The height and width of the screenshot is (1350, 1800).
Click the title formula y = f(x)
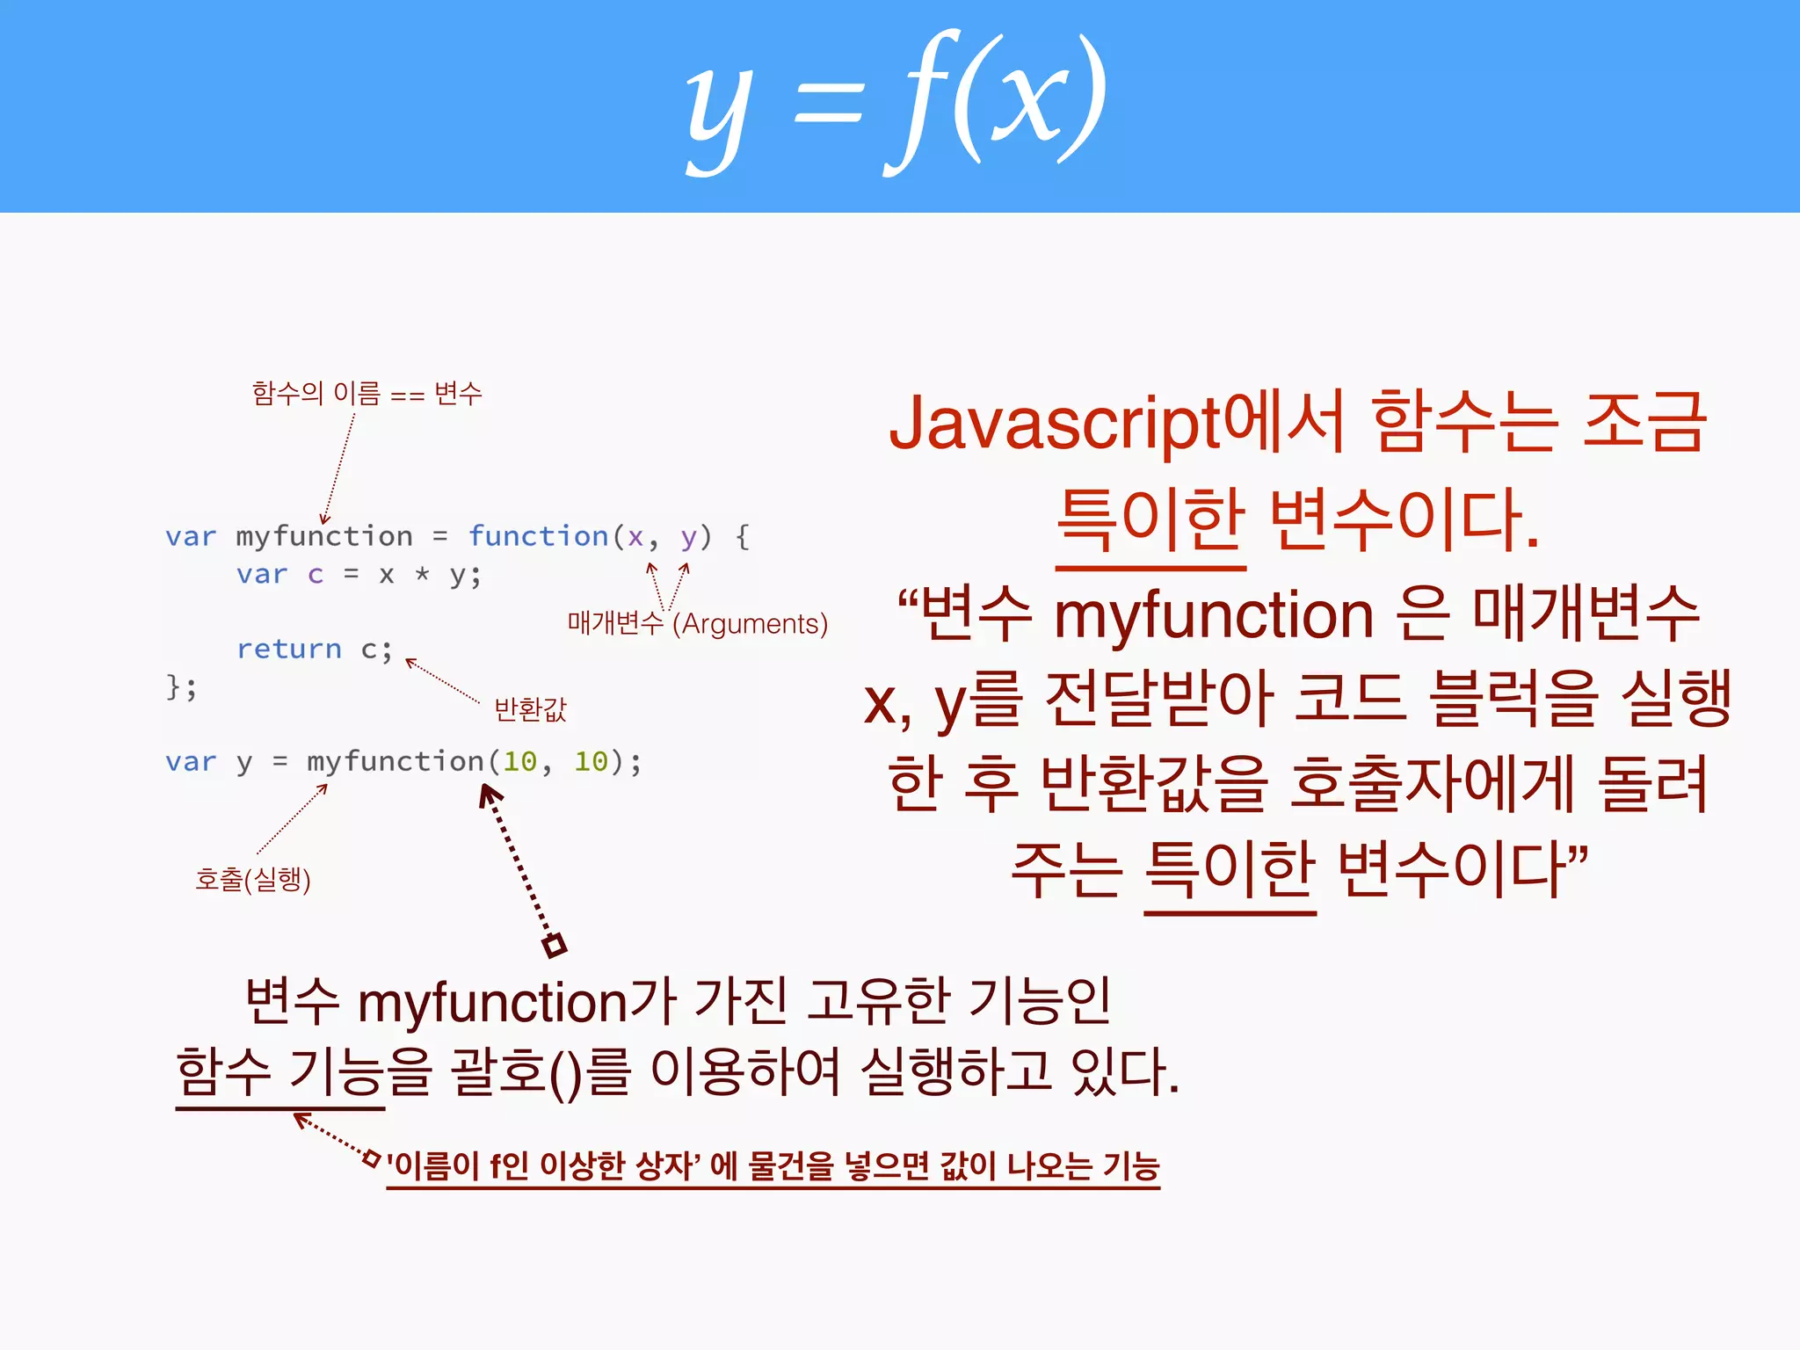(x=896, y=104)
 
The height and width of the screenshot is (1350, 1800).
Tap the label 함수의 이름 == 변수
(x=367, y=393)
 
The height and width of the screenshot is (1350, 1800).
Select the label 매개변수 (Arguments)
(x=697, y=623)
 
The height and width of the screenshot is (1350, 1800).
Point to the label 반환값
(x=530, y=708)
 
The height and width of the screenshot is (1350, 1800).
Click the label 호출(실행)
(x=253, y=878)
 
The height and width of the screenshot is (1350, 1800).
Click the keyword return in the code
(x=288, y=649)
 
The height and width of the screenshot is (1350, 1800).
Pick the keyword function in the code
(x=538, y=536)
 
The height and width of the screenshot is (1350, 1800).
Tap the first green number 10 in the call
(x=519, y=761)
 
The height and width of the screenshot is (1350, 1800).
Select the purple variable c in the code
(x=316, y=575)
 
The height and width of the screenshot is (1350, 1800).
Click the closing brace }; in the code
(x=181, y=686)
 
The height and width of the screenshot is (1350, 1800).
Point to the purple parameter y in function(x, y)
(x=688, y=536)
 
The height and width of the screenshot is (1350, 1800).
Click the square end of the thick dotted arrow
(x=555, y=946)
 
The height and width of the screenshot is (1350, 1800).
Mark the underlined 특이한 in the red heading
(x=1150, y=520)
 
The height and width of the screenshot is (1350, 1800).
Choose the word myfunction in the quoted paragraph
(x=1213, y=614)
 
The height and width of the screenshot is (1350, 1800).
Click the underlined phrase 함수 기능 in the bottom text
(x=279, y=1072)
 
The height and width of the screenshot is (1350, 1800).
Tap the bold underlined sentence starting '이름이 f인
(x=773, y=1166)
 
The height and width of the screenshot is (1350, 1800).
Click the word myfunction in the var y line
(x=395, y=761)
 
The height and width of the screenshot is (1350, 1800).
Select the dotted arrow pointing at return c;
(x=443, y=681)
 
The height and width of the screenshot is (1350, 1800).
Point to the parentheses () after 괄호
(x=566, y=1074)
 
